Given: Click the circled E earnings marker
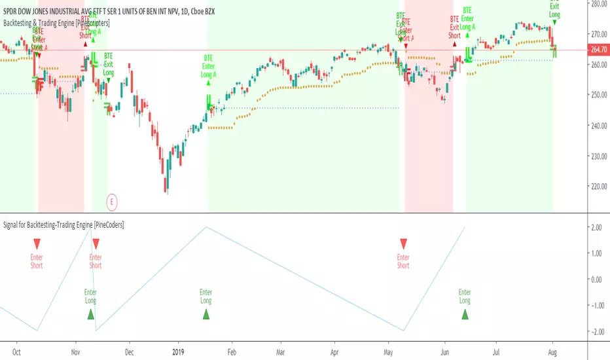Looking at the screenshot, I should (112, 202).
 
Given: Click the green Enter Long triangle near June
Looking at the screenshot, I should (465, 314).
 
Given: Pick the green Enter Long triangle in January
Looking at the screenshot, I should (206, 314).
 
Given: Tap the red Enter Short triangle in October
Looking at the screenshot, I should (37, 244).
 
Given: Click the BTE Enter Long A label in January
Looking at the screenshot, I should (209, 65).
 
